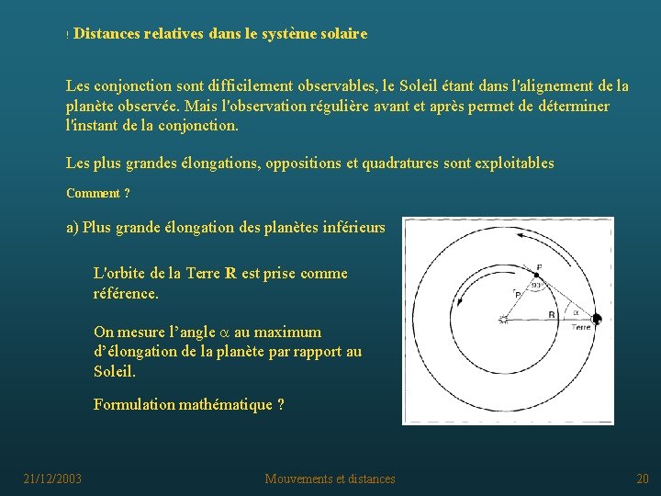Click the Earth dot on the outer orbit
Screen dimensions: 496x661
point(596,320)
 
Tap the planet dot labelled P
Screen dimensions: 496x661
point(536,273)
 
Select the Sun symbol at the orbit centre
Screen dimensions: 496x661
point(502,320)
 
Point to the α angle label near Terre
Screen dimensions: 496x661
point(576,311)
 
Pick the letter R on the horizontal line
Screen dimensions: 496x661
point(551,314)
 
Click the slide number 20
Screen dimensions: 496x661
point(642,479)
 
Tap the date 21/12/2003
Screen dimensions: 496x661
point(52,479)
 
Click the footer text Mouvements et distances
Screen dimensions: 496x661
point(330,479)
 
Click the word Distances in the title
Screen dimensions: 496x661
point(106,34)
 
